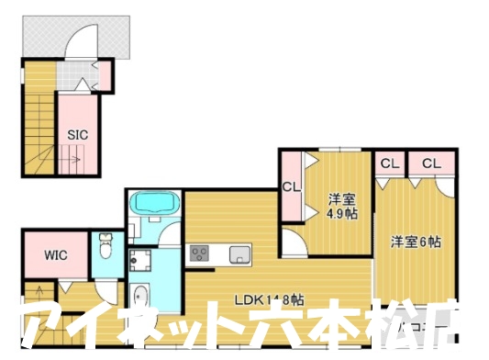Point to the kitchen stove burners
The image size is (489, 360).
tap(200, 253)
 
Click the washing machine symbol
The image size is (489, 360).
tap(140, 263)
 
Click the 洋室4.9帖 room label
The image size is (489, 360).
tap(341, 205)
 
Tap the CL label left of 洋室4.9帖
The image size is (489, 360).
tap(291, 187)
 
